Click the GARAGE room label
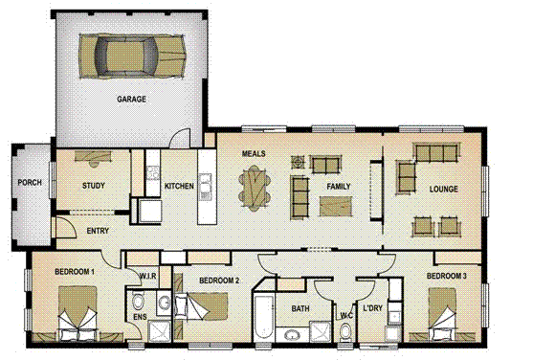[131, 99]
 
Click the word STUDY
[93, 186]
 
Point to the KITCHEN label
[179, 186]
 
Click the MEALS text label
[254, 154]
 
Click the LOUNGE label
[444, 190]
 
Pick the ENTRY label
[98, 232]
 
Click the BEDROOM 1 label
[75, 273]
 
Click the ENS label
[140, 315]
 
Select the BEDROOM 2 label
[218, 280]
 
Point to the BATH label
[300, 308]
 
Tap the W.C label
[346, 315]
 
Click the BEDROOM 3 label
[448, 277]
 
